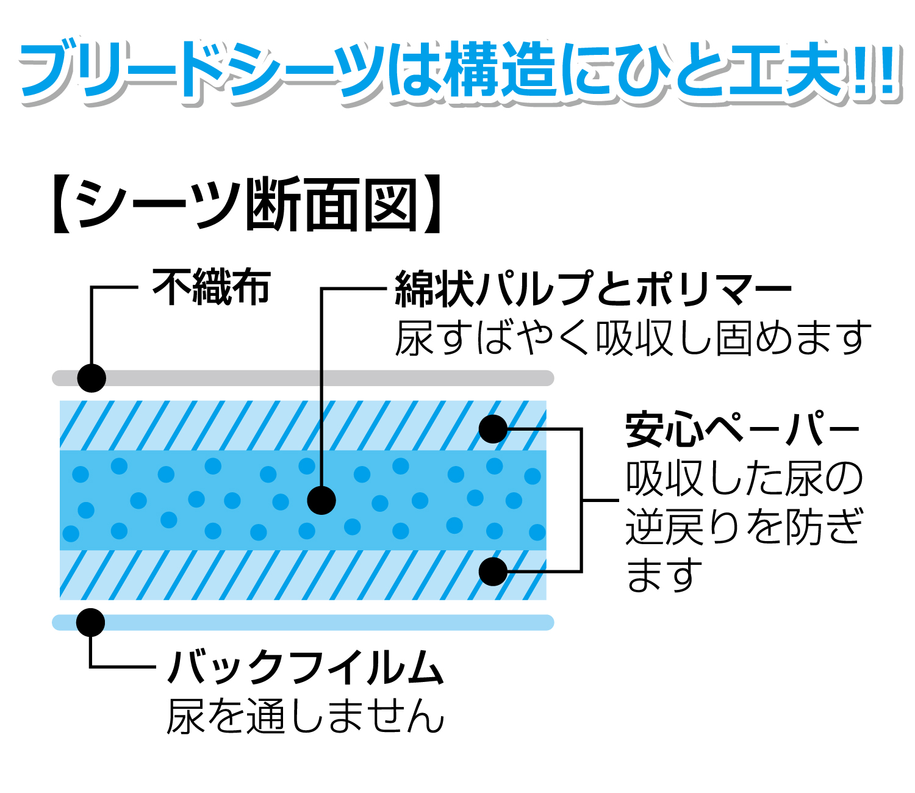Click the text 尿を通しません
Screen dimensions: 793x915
[306, 716]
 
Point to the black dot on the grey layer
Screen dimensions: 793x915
[91, 378]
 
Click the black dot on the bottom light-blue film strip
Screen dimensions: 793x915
[91, 622]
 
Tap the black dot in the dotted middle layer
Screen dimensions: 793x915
[321, 501]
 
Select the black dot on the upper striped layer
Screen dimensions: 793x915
[493, 429]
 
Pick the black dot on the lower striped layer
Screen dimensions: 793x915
[493, 572]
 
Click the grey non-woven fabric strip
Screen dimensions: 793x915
[305, 378]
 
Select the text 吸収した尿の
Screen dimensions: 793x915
[744, 478]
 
